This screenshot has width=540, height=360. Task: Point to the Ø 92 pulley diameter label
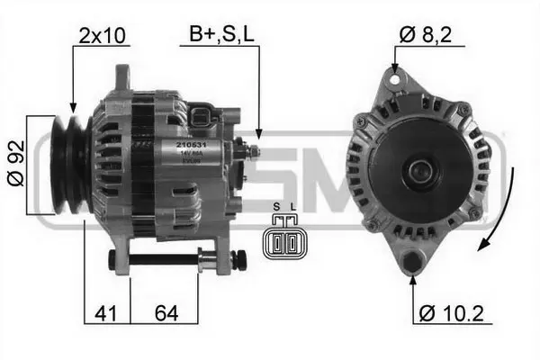click(14, 166)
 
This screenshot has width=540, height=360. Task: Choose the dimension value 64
click(166, 314)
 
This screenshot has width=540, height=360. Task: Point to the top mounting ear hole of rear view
click(393, 81)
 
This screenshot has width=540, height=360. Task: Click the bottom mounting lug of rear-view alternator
click(412, 262)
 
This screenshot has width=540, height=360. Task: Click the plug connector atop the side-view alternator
click(205, 120)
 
